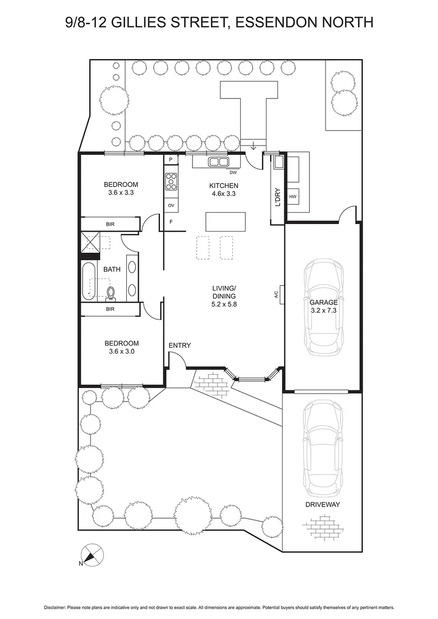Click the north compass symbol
[x=92, y=555]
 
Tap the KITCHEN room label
[x=223, y=185]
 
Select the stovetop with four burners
[x=171, y=182]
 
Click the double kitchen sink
[x=218, y=162]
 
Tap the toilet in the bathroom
[x=111, y=293]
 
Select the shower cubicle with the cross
[x=89, y=241]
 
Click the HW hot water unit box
[x=292, y=197]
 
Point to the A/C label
[x=276, y=294]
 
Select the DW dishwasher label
[x=233, y=172]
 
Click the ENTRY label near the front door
[x=179, y=345]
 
